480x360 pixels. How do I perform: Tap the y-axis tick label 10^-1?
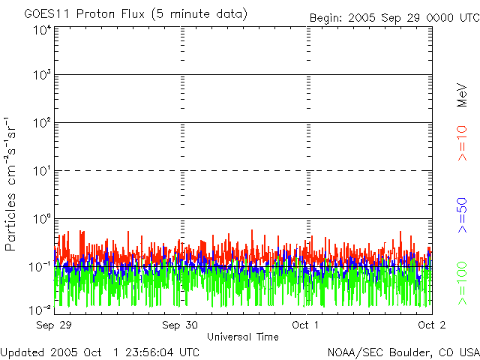tap(40, 266)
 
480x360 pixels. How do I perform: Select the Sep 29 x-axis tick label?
tap(53, 325)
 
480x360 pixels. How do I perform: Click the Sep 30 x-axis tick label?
tap(180, 325)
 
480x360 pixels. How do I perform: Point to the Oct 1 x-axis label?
tap(305, 325)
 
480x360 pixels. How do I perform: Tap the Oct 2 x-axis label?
tap(431, 325)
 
